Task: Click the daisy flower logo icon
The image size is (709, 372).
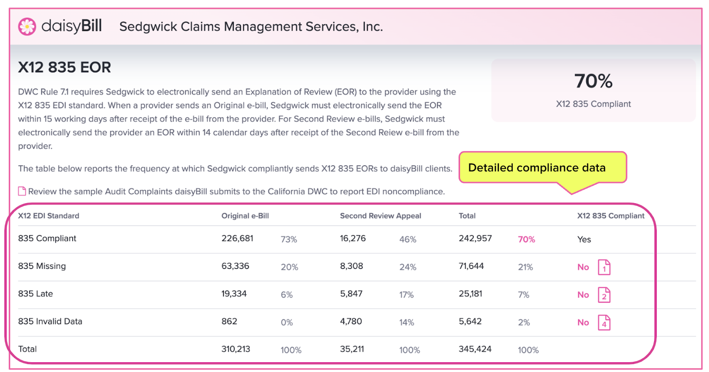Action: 27,26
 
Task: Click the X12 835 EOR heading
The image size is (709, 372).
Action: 65,67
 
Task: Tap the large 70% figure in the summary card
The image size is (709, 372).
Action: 593,81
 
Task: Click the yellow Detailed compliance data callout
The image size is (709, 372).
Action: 542,168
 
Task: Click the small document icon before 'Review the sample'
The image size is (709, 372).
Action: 22,191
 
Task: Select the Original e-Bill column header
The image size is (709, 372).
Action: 245,216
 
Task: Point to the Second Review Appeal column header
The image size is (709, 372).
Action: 381,216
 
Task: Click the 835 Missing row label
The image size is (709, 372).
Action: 42,266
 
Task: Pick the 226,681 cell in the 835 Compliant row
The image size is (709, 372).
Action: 238,238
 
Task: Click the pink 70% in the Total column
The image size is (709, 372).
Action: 526,240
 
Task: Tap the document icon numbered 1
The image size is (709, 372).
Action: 604,267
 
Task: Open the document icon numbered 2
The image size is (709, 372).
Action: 604,295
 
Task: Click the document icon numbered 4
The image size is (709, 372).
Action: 604,323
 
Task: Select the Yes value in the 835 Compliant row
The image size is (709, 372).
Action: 584,240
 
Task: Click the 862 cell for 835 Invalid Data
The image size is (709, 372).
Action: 229,322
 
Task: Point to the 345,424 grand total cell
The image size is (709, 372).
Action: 475,349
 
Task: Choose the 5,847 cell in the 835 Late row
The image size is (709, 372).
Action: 351,294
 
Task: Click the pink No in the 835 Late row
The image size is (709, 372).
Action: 583,295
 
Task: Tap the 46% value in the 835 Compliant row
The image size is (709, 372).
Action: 408,240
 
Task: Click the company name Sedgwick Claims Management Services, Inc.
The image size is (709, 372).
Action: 251,27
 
